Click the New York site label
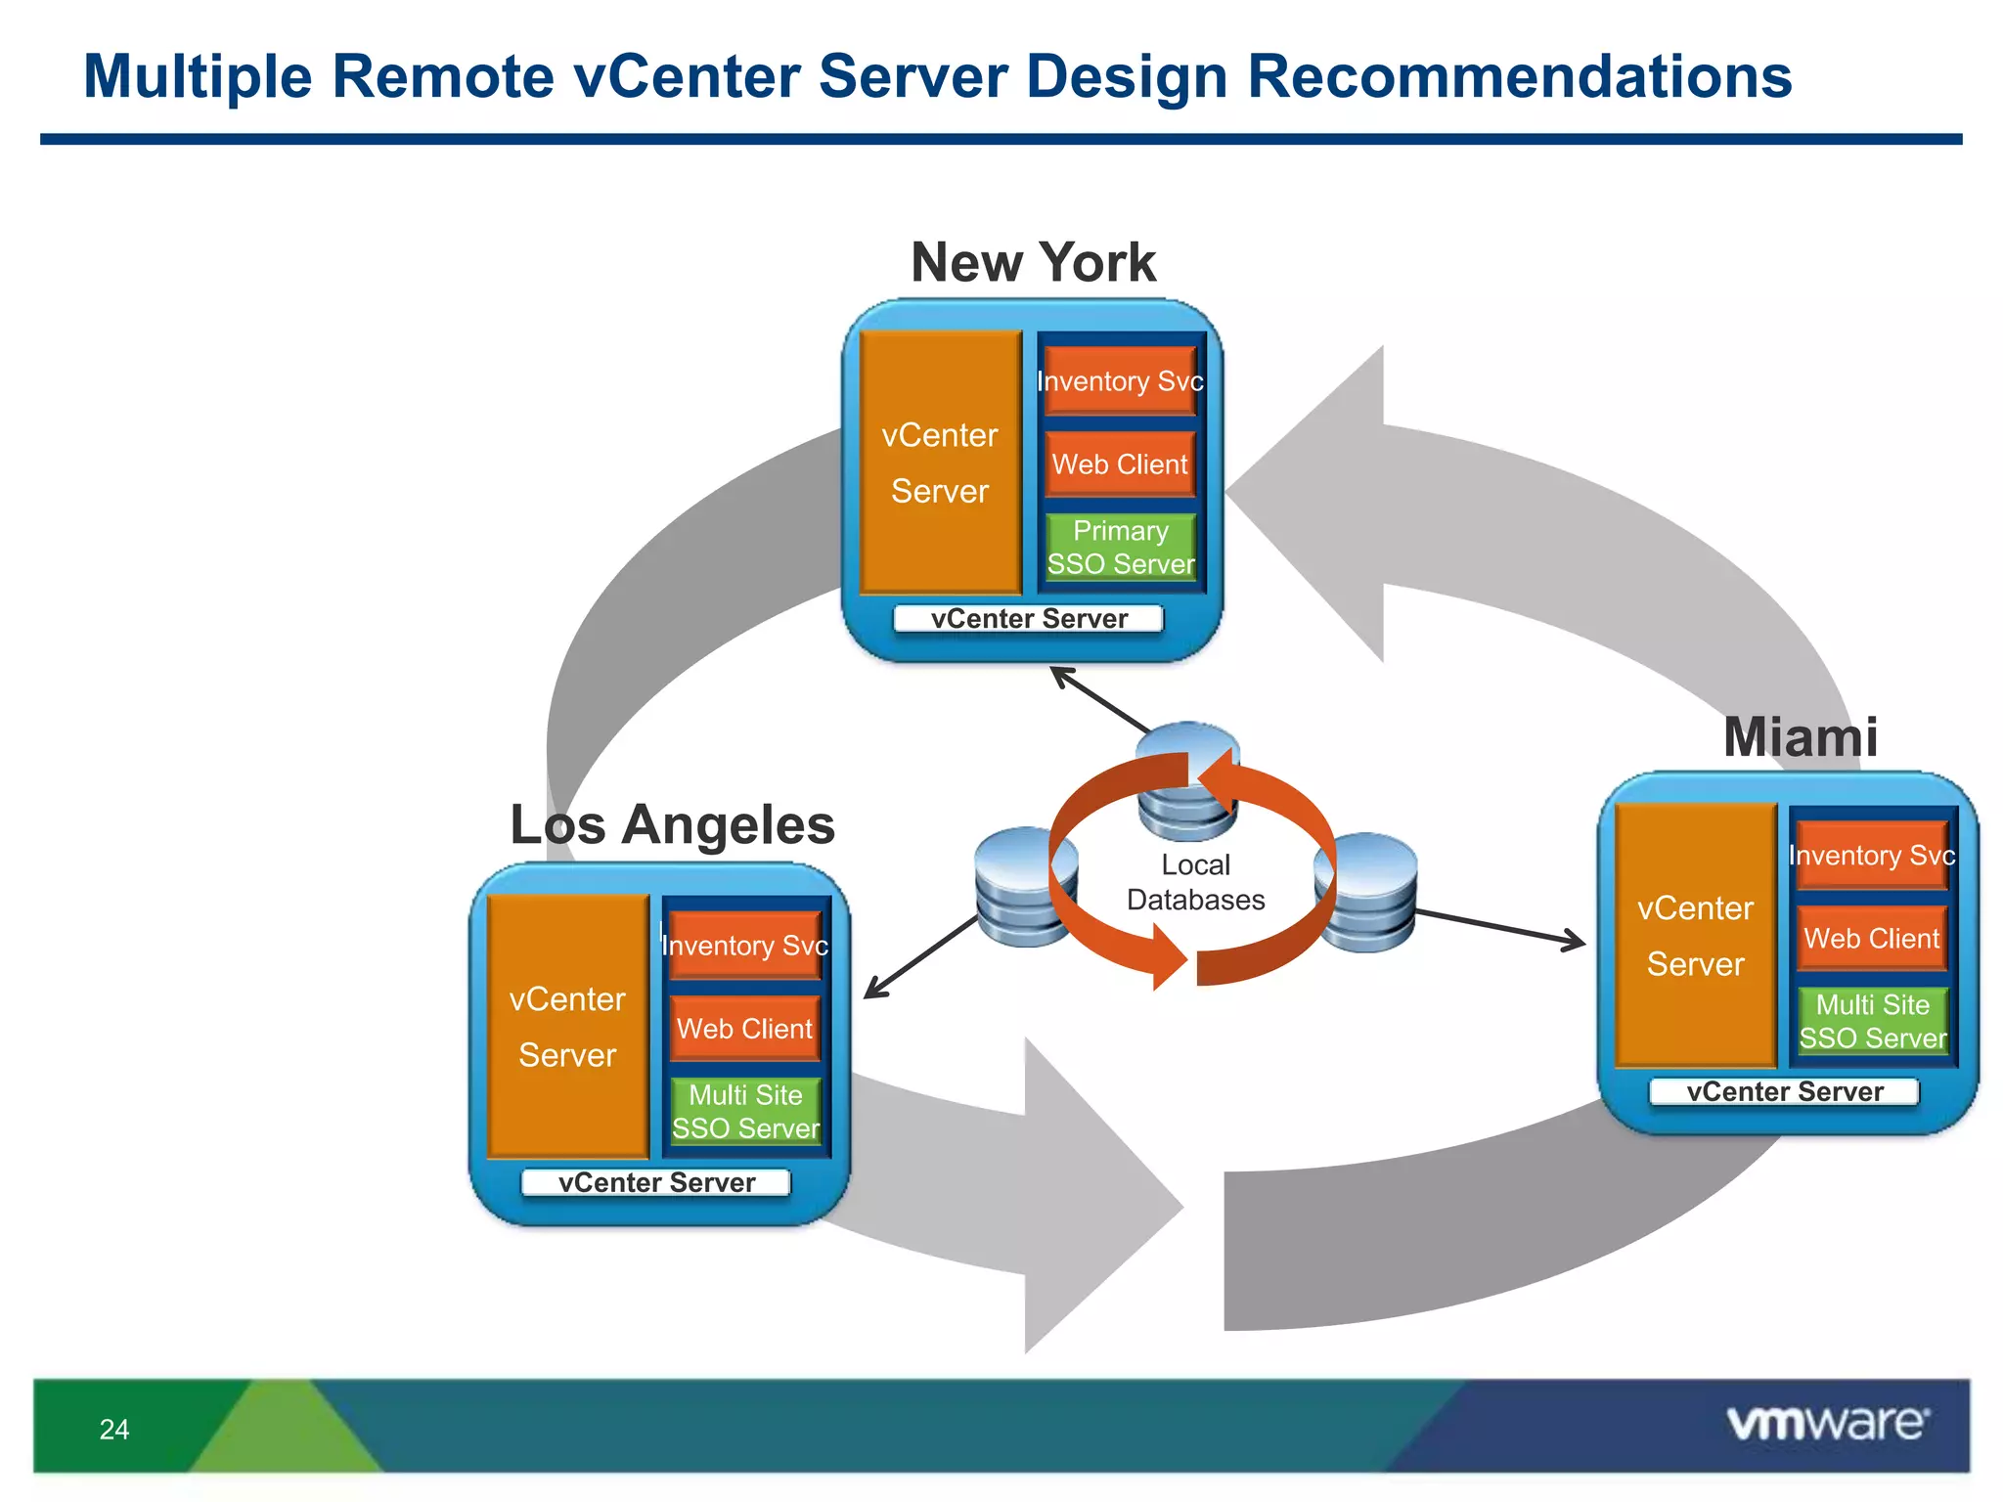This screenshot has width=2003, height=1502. [1033, 262]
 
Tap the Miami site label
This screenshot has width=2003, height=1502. [1800, 736]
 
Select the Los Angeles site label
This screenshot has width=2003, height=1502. [672, 824]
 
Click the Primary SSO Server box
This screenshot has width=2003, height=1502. [1121, 548]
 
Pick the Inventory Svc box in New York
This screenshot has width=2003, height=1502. [1121, 381]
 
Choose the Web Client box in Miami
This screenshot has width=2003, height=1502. [1871, 939]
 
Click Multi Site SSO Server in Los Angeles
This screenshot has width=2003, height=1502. [745, 1112]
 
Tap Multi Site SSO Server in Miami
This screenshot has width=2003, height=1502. [1872, 1022]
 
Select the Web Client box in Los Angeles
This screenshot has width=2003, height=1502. [745, 1029]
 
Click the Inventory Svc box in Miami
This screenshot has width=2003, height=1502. [1871, 856]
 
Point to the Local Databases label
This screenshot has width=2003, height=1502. [1195, 882]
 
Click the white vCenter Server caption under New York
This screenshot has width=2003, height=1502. [1029, 619]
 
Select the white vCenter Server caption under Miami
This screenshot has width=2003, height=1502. [1784, 1091]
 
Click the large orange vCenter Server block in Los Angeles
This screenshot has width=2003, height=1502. [567, 1027]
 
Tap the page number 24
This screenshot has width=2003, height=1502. [114, 1430]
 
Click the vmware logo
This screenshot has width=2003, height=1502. [1827, 1423]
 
